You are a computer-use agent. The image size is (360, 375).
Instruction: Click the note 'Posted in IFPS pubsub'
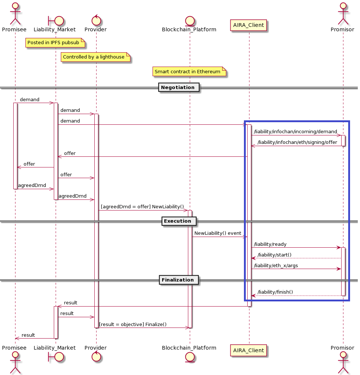(55, 43)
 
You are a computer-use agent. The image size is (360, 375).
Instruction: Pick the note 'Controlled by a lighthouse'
(95, 57)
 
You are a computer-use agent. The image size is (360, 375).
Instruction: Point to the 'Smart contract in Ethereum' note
(189, 71)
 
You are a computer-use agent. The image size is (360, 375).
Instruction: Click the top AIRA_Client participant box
(249, 25)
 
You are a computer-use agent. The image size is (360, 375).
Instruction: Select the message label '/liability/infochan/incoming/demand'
(296, 132)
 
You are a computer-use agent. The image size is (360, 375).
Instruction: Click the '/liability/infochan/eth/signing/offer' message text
(297, 142)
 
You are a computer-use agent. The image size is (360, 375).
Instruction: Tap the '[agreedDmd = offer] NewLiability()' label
(142, 207)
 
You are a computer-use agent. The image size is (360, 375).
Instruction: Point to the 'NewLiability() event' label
(217, 233)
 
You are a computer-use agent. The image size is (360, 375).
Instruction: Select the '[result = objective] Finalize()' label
(133, 324)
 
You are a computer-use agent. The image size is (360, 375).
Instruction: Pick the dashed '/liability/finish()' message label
(275, 292)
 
